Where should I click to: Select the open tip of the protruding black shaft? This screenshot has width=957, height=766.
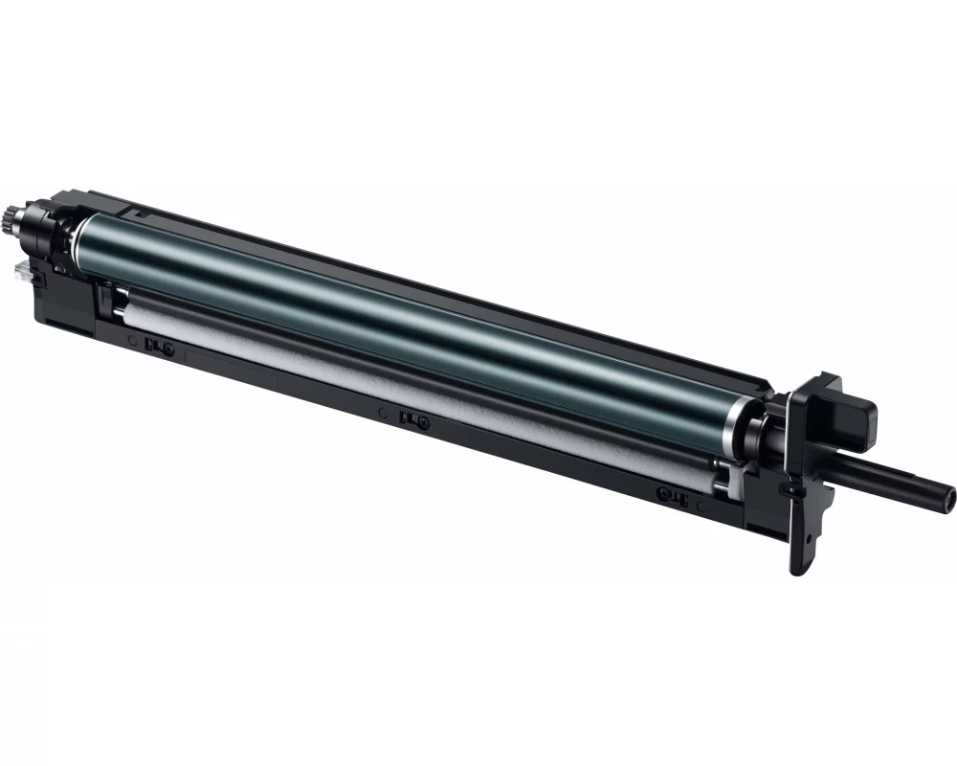[948, 496]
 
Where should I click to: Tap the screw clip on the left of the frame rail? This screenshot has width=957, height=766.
[155, 346]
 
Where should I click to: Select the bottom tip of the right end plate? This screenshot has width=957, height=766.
[797, 571]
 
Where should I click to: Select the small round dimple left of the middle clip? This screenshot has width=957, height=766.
[383, 414]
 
